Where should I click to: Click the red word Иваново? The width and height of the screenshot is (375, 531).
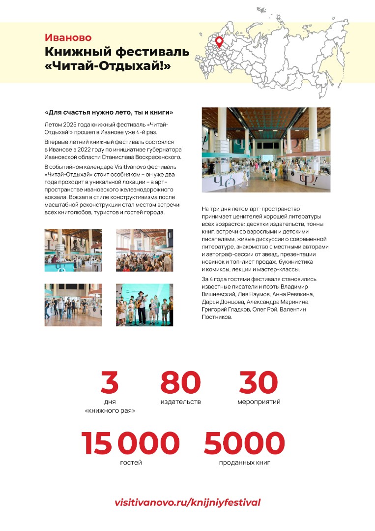[x=68, y=37]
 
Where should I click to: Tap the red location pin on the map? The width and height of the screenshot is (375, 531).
[x=219, y=42]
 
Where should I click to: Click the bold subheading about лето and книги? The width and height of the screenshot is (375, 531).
[x=109, y=112]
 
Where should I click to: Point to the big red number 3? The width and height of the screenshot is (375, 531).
[x=110, y=383]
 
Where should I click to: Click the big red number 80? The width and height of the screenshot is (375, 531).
[x=180, y=383]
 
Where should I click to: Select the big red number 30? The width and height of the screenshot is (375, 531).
[x=258, y=383]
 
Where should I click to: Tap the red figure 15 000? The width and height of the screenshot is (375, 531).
[x=130, y=443]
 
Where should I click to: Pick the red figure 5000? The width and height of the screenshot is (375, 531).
[x=244, y=443]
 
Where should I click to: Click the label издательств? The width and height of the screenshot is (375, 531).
[x=180, y=402]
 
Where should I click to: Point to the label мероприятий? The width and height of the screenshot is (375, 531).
[x=259, y=402]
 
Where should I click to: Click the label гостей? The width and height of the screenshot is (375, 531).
[x=131, y=463]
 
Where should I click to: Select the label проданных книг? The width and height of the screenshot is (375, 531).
[x=245, y=463]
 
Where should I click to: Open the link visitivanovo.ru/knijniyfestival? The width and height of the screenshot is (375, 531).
[x=187, y=502]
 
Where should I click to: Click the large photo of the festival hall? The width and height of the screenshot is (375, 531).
[x=266, y=150]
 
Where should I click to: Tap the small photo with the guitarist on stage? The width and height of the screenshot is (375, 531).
[x=144, y=305]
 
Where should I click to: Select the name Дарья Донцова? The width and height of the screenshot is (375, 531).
[x=225, y=301]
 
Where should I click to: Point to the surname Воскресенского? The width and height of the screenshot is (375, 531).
[x=152, y=157]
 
